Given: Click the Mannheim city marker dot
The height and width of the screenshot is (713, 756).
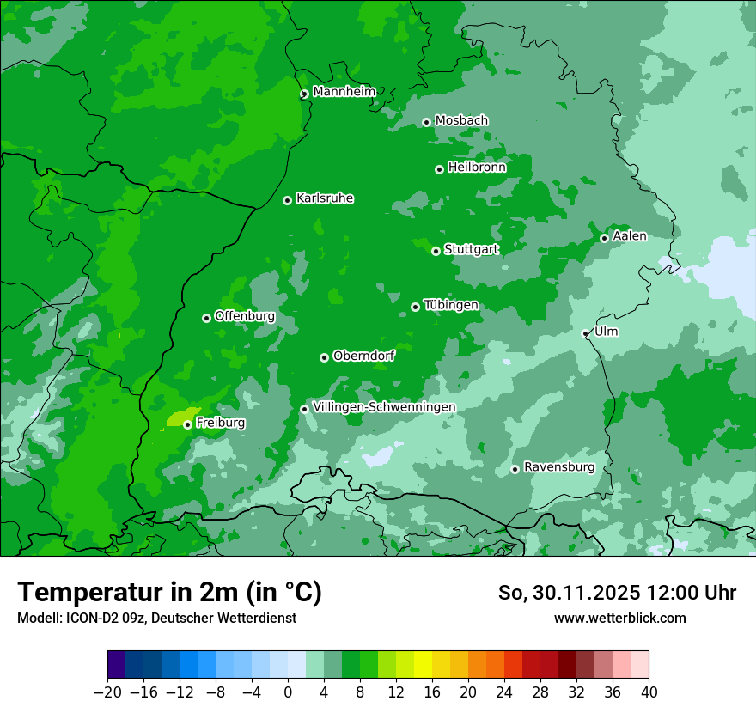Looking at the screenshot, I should [x=304, y=94].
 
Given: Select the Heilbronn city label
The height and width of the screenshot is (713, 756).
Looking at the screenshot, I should [x=476, y=168].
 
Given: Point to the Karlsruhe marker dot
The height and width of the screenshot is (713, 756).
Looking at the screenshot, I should [x=288, y=201].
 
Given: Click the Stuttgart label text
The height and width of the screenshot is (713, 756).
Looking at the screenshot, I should [x=471, y=250].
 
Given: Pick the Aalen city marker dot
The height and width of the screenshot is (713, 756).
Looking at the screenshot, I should [x=605, y=238].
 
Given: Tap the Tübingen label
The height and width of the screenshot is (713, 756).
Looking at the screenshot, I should [x=451, y=305].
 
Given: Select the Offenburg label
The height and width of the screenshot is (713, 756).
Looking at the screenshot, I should [x=244, y=316].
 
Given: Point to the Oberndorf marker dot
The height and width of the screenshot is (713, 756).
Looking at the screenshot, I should [x=325, y=358].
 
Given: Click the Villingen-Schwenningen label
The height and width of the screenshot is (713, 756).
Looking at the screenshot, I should [x=384, y=407].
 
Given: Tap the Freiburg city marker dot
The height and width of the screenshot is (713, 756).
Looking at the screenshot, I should [x=187, y=424].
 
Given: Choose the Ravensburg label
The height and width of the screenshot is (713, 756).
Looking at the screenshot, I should [x=558, y=467].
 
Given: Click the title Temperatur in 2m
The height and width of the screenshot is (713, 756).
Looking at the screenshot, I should [x=169, y=593].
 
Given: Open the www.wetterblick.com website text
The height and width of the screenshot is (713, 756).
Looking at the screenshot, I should [x=619, y=619].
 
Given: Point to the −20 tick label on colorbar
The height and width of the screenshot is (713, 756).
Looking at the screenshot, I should [x=108, y=692].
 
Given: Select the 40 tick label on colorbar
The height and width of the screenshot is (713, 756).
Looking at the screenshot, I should [x=649, y=692].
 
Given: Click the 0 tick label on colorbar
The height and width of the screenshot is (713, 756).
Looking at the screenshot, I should [x=288, y=692].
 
